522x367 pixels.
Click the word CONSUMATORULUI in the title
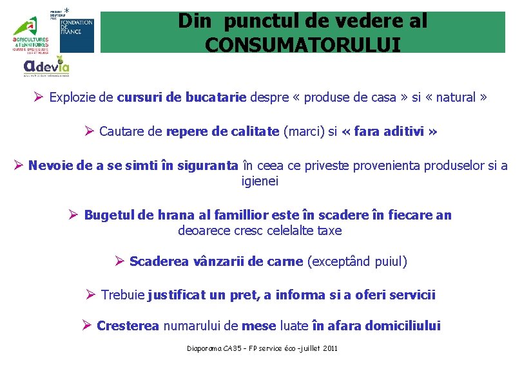302,44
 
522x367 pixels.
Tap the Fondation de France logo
77,32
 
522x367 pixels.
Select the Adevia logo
46,66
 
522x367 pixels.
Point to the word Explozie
72,98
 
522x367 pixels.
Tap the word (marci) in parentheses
304,131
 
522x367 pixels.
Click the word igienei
260,181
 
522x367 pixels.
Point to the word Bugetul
107,215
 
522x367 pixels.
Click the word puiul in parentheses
389,261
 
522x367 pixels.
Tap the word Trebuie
122,295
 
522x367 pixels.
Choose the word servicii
411,295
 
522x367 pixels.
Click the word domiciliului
403,326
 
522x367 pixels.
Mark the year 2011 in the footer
329,348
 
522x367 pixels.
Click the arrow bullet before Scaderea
119,261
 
